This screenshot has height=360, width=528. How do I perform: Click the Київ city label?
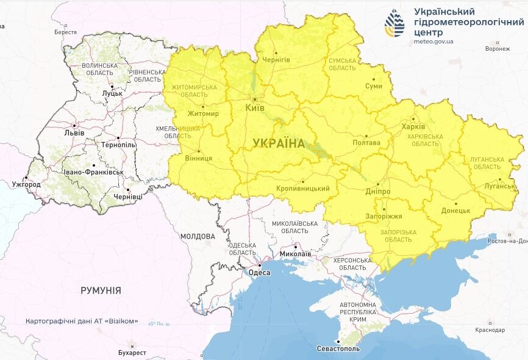[254, 107]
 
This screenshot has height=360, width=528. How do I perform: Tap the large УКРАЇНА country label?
[279, 143]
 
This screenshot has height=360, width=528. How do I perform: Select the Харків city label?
[410, 126]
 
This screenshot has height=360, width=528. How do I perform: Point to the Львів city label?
[74, 132]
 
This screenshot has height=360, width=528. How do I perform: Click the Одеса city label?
[260, 273]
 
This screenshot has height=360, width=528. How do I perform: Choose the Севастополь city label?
[338, 348]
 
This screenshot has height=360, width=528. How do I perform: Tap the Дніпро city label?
[379, 191]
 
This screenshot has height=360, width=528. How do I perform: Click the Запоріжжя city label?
[383, 217]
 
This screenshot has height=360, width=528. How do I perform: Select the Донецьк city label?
[455, 211]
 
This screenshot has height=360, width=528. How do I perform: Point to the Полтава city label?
[366, 143]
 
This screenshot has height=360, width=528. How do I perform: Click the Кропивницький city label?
[302, 189]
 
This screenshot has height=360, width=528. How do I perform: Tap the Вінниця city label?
[198, 158]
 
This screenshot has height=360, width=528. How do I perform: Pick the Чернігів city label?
[276, 60]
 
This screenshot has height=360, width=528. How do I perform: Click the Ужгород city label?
[26, 184]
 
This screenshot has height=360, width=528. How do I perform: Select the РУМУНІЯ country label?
[101, 290]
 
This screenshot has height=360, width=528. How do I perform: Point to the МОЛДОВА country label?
[198, 236]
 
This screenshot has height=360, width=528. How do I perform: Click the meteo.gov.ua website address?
[433, 41]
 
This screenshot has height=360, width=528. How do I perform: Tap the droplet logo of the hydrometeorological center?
[394, 23]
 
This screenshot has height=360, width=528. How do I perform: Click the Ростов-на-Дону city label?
[508, 241]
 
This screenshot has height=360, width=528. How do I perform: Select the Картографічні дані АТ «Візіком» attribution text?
[82, 321]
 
